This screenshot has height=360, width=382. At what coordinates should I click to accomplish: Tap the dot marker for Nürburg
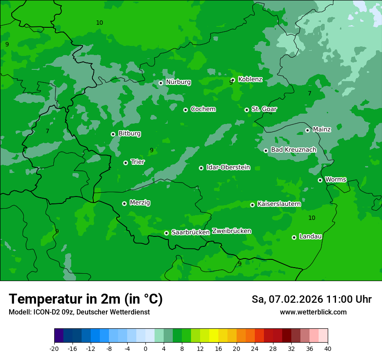tap(161, 83)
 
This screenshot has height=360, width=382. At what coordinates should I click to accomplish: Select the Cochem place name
tap(203, 109)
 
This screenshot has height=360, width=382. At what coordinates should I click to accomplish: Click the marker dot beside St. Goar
tap(247, 110)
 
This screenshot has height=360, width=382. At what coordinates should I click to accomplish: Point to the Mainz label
tap(322, 129)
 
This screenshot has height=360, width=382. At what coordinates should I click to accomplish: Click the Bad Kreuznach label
tap(293, 150)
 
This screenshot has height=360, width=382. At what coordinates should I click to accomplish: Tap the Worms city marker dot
tap(320, 180)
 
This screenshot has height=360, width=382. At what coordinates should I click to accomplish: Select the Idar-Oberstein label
tap(228, 167)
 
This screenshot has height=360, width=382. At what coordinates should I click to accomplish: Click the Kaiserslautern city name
tap(279, 204)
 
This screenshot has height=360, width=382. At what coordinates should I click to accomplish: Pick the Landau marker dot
tap(294, 237)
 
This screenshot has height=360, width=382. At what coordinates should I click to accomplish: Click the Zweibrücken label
tap(231, 231)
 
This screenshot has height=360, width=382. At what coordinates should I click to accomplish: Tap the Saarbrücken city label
tap(191, 232)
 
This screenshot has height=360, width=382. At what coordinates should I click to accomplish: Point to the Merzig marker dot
tap(124, 203)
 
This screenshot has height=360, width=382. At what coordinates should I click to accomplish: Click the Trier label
tap(138, 162)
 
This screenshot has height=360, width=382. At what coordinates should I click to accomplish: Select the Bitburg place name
tap(129, 134)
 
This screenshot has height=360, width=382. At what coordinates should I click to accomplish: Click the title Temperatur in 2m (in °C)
tap(86, 299)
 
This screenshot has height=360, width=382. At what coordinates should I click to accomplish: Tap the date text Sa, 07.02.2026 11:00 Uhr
tap(311, 299)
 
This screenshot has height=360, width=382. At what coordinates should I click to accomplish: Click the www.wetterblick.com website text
tap(313, 312)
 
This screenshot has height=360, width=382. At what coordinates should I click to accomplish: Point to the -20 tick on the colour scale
tap(54, 349)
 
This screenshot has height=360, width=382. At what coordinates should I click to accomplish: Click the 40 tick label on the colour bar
tap(328, 349)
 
